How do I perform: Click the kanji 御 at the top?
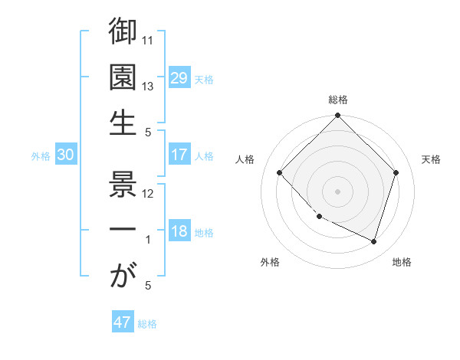[x=123, y=33]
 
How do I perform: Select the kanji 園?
[x=123, y=77]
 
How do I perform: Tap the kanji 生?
[x=123, y=122]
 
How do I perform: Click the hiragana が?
[x=123, y=275]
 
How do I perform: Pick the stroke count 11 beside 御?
[x=149, y=41]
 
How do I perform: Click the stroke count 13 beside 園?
[x=149, y=86]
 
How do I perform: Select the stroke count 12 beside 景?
[x=149, y=194]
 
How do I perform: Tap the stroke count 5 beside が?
[x=149, y=284]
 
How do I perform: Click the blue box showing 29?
[x=179, y=77]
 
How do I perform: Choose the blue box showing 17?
[x=179, y=155]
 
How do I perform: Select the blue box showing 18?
[x=179, y=232]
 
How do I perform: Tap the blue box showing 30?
[x=65, y=155]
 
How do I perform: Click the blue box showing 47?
[x=123, y=322]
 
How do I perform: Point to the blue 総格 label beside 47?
[x=147, y=324]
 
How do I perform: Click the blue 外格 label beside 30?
[x=41, y=156]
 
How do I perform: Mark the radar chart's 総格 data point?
[x=337, y=116]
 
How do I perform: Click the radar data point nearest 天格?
[x=396, y=172]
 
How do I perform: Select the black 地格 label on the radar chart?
[x=402, y=262]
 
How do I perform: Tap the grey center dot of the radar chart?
[x=337, y=191]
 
